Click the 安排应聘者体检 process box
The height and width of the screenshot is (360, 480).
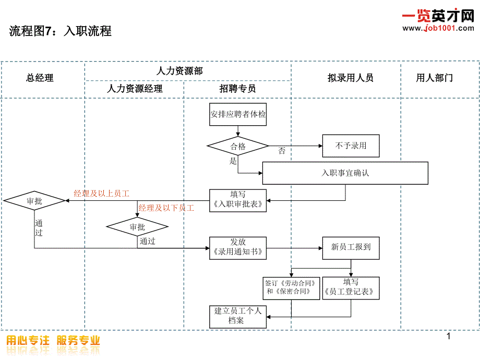click(238, 114)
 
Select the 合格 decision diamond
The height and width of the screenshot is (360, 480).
click(238, 147)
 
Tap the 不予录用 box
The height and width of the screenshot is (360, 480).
click(351, 146)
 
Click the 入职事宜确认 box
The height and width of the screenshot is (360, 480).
click(345, 173)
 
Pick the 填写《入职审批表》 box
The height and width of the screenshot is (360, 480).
click(238, 200)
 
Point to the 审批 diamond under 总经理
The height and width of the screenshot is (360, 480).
click(34, 200)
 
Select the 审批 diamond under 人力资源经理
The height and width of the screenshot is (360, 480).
click(137, 227)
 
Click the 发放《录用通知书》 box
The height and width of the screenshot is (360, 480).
click(238, 248)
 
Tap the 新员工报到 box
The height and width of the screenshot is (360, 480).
click(351, 247)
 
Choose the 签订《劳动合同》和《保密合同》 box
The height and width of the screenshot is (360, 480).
click(291, 288)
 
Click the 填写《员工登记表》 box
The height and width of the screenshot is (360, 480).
click(351, 288)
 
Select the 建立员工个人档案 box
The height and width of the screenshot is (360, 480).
click(238, 316)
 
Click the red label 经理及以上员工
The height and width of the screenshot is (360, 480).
click(101, 194)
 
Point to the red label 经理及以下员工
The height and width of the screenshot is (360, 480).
click(166, 208)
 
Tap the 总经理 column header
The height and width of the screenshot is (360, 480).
click(40, 78)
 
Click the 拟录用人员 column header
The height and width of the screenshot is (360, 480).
click(350, 78)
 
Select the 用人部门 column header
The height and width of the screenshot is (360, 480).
click(434, 78)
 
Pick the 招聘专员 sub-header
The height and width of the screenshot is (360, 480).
click(237, 89)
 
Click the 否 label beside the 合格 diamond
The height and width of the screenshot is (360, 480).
click(282, 151)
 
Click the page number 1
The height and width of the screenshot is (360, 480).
click(448, 337)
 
